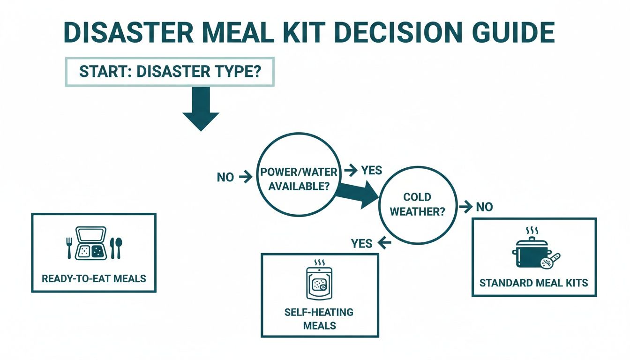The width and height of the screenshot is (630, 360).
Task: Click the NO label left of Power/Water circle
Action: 225,177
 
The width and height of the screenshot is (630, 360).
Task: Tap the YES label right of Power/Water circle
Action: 371,170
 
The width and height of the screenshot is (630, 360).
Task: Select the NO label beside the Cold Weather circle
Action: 484,207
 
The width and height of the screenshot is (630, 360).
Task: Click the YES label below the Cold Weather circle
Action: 361,243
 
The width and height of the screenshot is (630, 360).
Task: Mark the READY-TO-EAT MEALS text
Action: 94,278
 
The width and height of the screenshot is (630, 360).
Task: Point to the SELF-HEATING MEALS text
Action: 319,319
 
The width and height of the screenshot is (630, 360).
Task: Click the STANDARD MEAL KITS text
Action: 533,283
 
